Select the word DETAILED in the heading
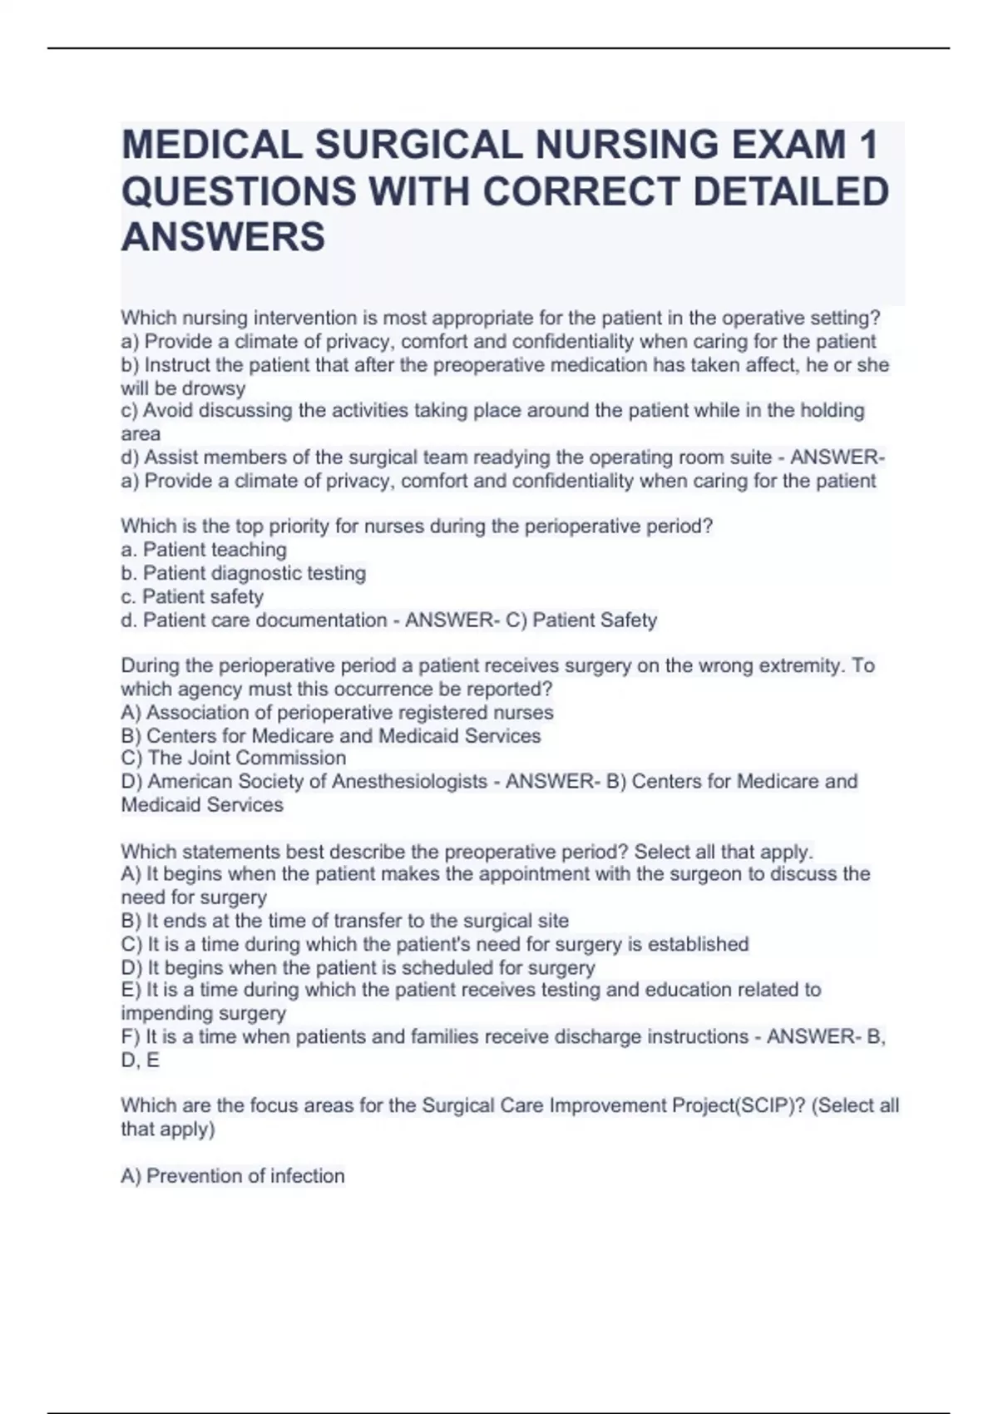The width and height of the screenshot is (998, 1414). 790,191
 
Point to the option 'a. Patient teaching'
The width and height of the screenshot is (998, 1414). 204,550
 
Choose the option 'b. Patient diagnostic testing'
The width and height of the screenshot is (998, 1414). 244,573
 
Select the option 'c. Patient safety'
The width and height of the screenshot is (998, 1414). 192,596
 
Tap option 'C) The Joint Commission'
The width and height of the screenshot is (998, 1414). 234,758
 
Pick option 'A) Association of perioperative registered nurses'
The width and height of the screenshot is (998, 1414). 337,712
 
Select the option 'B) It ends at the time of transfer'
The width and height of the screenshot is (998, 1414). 345,921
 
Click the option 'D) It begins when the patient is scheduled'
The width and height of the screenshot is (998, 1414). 358,967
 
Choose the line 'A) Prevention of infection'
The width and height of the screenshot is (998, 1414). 233,1175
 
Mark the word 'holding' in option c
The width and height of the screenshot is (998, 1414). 832,410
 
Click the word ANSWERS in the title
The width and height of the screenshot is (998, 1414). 224,237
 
